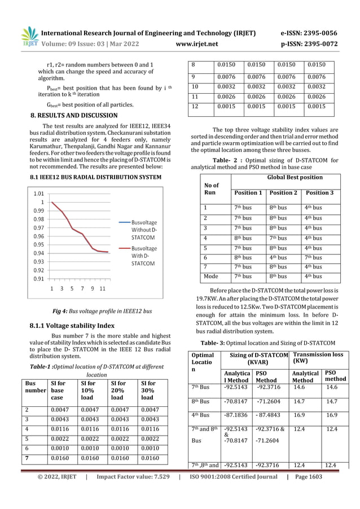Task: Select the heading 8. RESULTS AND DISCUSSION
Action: tap(73, 116)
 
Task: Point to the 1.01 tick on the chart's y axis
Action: tap(39, 193)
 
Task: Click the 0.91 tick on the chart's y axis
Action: tap(39, 279)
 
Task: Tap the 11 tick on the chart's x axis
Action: tap(102, 289)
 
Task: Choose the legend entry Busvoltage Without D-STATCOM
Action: tap(144, 230)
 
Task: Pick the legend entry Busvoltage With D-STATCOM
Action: tap(144, 256)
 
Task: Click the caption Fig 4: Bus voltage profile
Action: tap(99, 311)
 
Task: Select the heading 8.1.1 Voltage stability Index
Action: tap(72, 326)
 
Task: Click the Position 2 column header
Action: tap(284, 193)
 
